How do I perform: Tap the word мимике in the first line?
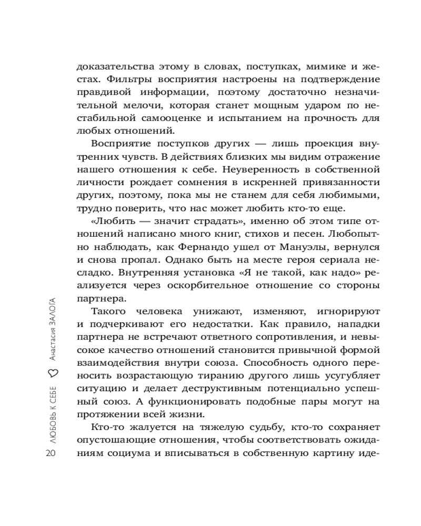[311, 66]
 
